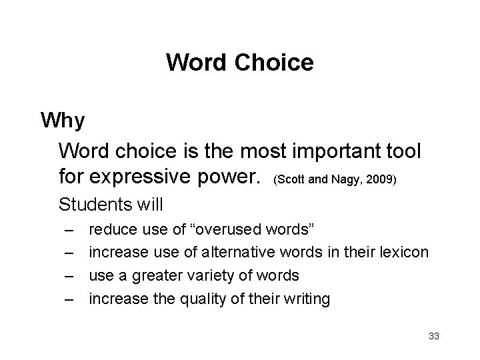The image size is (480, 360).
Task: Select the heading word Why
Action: tap(62, 121)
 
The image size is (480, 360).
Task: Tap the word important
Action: tap(319, 152)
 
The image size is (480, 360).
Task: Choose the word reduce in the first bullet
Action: tap(111, 230)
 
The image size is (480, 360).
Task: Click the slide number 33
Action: tap(433, 336)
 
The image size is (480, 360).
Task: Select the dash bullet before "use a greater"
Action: tap(69, 276)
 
